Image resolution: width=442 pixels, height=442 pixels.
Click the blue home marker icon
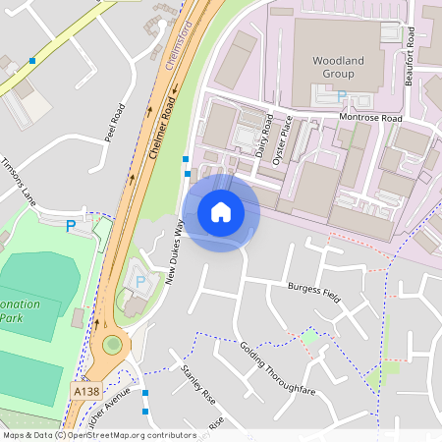click(x=221, y=212)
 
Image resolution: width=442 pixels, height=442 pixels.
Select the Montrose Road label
click(x=370, y=118)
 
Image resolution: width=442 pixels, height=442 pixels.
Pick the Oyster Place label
click(x=284, y=138)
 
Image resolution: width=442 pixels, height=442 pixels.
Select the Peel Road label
click(x=116, y=124)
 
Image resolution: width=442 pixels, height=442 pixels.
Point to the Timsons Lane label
click(x=19, y=182)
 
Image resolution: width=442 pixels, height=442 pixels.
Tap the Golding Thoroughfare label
click(x=278, y=368)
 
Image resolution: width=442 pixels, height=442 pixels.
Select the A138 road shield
click(x=85, y=391)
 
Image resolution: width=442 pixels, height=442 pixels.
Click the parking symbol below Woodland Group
click(x=342, y=96)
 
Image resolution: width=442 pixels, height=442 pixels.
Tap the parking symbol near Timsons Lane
click(x=70, y=226)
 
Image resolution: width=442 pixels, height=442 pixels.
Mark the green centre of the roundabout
click(x=113, y=345)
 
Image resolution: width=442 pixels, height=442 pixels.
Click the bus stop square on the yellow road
click(x=32, y=61)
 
